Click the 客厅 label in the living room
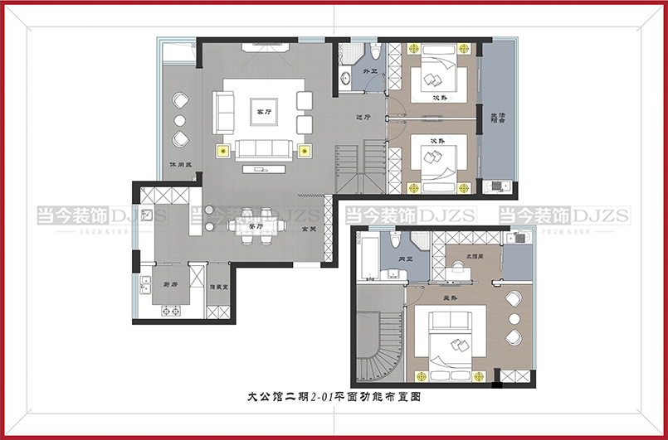[x=264, y=110]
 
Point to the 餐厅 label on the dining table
[x=256, y=225]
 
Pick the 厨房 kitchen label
[x=171, y=284]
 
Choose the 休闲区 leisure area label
[x=181, y=164]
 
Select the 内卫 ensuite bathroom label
[x=405, y=259]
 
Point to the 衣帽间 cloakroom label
[x=475, y=256]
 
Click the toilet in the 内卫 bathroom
[x=397, y=240]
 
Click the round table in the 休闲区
[x=180, y=120]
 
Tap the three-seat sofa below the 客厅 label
[x=264, y=149]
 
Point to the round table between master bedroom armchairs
[x=514, y=319]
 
